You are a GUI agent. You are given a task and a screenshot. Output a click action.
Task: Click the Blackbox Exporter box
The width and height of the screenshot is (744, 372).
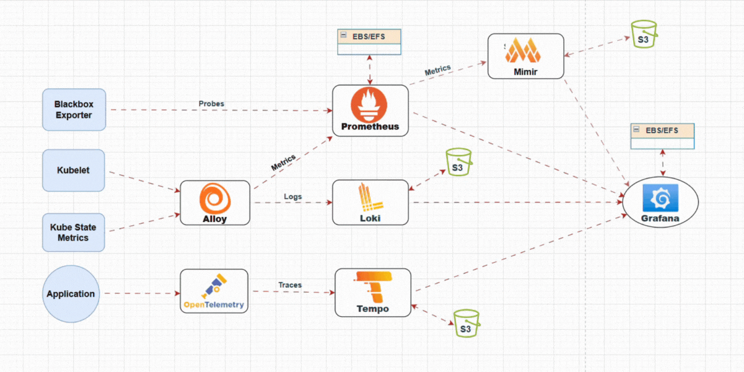74,110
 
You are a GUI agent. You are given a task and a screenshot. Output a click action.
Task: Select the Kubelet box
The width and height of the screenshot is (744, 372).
74,170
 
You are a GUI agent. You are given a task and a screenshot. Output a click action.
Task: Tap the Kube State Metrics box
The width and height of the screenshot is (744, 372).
74,232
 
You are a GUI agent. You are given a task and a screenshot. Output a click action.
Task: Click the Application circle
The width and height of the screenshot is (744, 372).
71,294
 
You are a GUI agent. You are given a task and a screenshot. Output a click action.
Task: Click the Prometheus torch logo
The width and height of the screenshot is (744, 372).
370,105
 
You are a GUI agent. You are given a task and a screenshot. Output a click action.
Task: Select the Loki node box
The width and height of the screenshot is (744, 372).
370,203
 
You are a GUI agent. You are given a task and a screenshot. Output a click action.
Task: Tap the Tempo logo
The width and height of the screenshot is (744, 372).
372,286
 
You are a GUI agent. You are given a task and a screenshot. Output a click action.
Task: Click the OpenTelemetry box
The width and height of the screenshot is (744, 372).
214,291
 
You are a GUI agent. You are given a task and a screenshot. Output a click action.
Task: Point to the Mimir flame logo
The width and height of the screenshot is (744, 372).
525,50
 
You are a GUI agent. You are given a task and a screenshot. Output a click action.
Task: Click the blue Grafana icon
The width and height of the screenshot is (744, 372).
660,197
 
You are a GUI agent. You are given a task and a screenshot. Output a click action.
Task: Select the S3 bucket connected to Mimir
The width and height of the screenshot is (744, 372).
644,35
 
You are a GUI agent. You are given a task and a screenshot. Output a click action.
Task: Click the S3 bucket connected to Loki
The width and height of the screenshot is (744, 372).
458,162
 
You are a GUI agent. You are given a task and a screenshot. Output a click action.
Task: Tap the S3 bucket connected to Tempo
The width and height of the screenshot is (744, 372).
466,324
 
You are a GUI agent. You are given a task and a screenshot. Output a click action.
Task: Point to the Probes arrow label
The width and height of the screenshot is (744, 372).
211,104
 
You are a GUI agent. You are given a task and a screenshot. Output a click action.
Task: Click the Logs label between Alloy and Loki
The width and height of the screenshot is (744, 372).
292,197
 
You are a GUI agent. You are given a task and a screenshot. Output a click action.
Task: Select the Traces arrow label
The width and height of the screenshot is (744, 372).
290,285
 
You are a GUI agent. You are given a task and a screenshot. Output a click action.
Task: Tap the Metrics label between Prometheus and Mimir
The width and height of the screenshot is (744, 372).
437,71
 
